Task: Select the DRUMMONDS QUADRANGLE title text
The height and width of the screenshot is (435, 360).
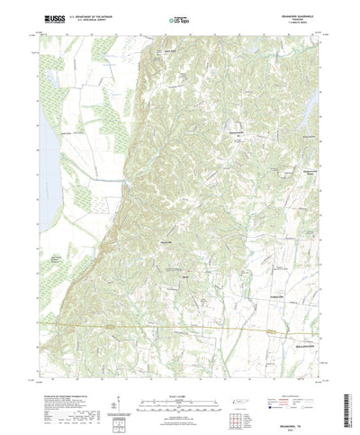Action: pos(301,13)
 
